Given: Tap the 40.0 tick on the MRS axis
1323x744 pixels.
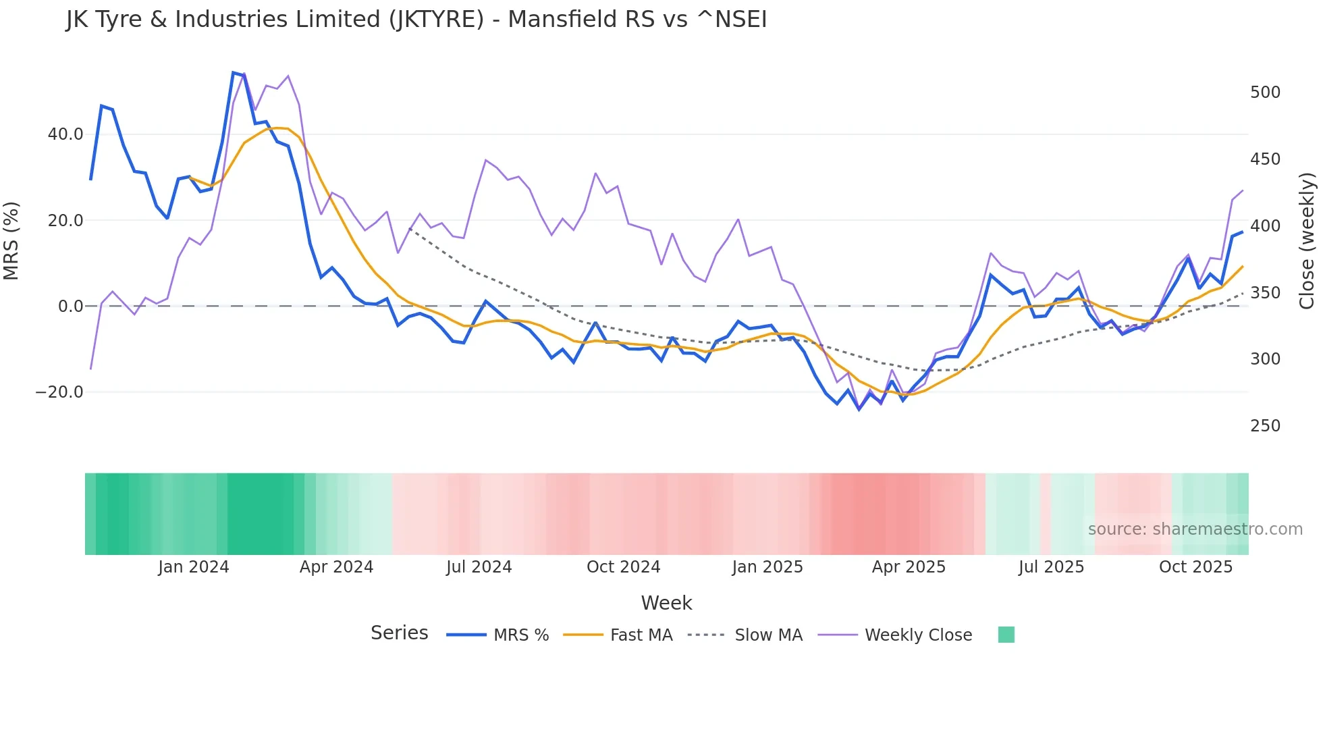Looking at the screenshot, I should pyautogui.click(x=65, y=134).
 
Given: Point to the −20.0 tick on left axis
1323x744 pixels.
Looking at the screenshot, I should pyautogui.click(x=59, y=392).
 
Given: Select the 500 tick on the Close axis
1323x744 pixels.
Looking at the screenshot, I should pyautogui.click(x=1265, y=92).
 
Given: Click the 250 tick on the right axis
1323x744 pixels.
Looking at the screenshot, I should pyautogui.click(x=1265, y=426).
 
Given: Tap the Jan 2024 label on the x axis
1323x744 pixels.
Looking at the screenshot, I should pyautogui.click(x=194, y=567).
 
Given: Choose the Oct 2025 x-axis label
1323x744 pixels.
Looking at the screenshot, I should pyautogui.click(x=1195, y=567).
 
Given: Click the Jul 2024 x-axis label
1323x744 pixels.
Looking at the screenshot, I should pyautogui.click(x=479, y=567).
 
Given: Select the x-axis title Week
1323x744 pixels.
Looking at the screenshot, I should pyautogui.click(x=666, y=603).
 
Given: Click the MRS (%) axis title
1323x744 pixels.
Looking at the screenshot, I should pyautogui.click(x=11, y=241).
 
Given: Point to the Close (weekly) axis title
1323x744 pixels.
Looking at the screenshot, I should pyautogui.click(x=1307, y=241).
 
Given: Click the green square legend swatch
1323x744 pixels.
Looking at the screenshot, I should pyautogui.click(x=1006, y=635).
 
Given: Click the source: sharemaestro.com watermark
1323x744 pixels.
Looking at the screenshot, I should pyautogui.click(x=1195, y=529).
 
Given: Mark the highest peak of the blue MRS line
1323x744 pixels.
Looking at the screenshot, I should pyautogui.click(x=233, y=73).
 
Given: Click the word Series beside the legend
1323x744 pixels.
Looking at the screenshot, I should pyautogui.click(x=399, y=633).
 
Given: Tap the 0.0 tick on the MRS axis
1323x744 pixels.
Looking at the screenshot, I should pyautogui.click(x=70, y=307).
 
